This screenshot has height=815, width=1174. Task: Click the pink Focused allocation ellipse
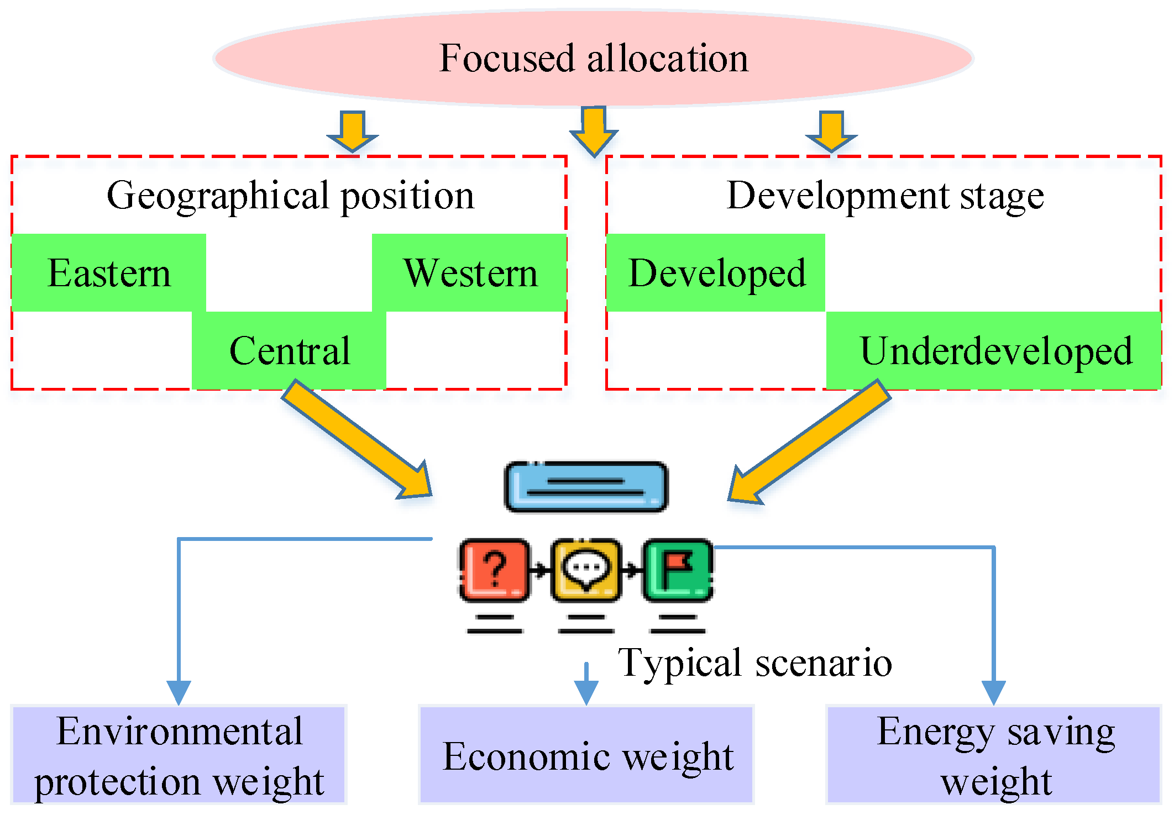[x=593, y=58]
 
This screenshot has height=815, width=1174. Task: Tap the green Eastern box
[x=109, y=273]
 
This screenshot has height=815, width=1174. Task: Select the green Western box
[x=470, y=273]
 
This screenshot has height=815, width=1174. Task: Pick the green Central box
[x=289, y=350]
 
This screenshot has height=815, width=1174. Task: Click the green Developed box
[x=716, y=273]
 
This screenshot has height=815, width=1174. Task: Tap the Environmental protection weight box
[x=179, y=755]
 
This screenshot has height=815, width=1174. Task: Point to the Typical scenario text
[x=754, y=662]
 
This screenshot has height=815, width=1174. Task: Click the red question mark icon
[x=495, y=570]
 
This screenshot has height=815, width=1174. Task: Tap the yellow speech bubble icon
[x=586, y=570]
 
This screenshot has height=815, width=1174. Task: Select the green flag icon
[x=678, y=570]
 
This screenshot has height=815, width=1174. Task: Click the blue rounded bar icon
[x=586, y=487]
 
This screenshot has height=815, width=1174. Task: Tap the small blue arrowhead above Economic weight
[x=586, y=688]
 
